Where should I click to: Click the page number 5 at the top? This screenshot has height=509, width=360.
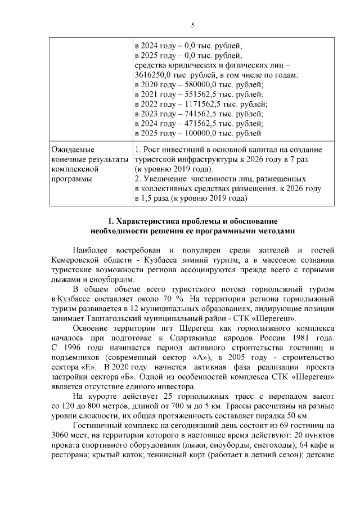pyautogui.click(x=192, y=25)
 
